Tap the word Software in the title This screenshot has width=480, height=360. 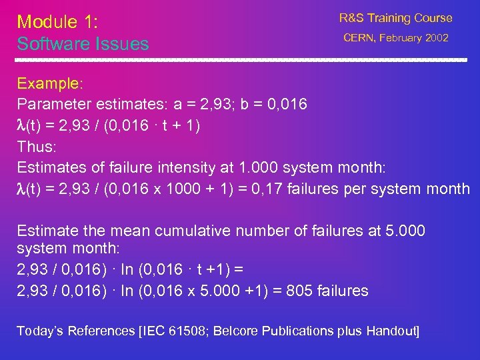pyautogui.click(x=50, y=44)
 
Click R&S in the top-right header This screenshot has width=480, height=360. pyautogui.click(x=353, y=18)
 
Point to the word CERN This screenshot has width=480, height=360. pyautogui.click(x=359, y=38)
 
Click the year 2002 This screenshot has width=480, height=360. pyautogui.click(x=437, y=38)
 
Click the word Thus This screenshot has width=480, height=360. pyautogui.click(x=34, y=147)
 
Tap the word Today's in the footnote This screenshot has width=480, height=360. pyautogui.click(x=41, y=331)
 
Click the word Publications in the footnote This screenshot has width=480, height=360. pyautogui.click(x=299, y=331)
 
